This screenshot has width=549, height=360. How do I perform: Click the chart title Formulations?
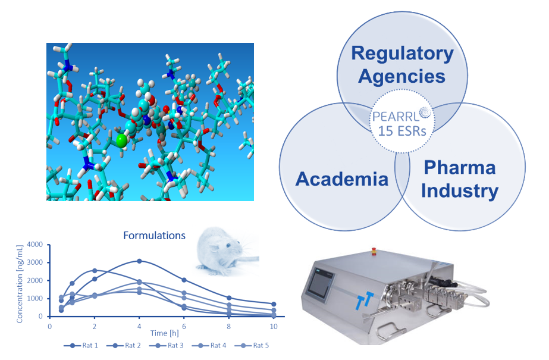[154, 235]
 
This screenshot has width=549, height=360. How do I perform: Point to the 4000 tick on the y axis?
[34, 245]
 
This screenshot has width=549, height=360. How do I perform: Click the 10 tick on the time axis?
[273, 325]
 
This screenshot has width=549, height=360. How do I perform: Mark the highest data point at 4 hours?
[139, 261]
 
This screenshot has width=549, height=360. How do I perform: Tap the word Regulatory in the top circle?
[402, 53]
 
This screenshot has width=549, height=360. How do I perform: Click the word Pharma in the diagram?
[459, 167]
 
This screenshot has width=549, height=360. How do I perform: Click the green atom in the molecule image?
[121, 140]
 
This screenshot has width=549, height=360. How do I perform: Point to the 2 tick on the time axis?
[95, 325]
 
